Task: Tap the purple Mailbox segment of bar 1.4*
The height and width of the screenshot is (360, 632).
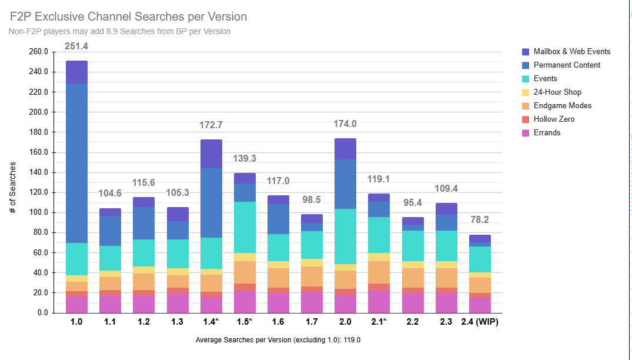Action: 211,154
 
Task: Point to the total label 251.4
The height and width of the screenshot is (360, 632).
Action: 76,46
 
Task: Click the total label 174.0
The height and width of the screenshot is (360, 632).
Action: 345,124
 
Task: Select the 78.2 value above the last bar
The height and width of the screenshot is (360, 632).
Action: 479,219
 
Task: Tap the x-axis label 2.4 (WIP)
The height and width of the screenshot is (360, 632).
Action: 479,322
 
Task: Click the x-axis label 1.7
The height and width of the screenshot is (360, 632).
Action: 312,322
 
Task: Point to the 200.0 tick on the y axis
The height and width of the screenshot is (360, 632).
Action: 38,112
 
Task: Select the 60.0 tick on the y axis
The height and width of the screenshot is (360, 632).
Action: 38,252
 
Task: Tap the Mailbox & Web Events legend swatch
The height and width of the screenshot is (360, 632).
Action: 526,52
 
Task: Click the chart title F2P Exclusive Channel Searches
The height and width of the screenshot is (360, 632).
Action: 129,16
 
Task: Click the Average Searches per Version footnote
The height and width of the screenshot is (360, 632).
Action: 277,340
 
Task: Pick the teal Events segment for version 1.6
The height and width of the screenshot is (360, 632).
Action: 278,248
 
